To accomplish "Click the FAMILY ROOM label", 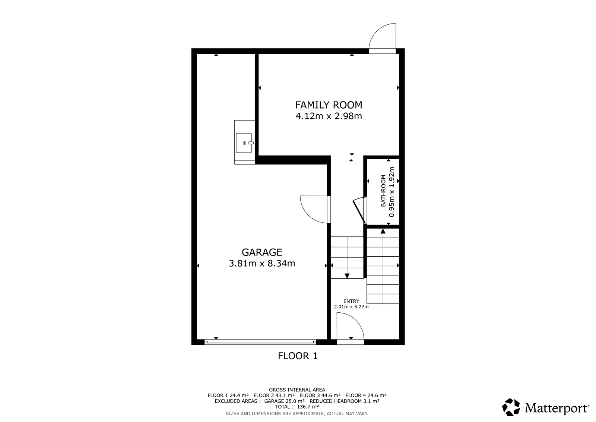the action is point(329,105).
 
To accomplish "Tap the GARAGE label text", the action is point(262,252).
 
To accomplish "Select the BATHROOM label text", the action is point(383,191).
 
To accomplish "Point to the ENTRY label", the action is point(351,301).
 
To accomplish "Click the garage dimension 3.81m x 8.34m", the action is point(262,263).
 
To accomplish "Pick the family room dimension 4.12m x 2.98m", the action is point(329,116).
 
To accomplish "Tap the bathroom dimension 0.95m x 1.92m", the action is point(391,192).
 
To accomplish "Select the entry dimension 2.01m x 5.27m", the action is point(351,307).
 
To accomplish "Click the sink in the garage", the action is point(244,143).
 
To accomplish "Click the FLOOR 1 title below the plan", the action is point(298,356).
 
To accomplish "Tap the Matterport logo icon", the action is point(511,407).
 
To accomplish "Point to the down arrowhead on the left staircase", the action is point(347,276).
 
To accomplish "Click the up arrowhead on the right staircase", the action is point(383,231).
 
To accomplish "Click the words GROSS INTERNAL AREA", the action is point(297,390).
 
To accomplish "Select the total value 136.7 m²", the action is point(308,407).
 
